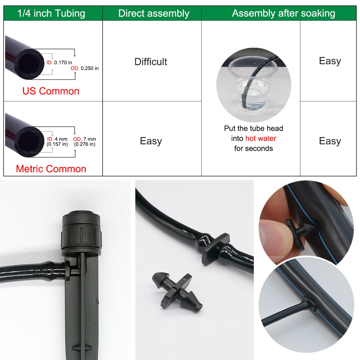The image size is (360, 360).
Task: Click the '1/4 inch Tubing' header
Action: (x=51, y=13)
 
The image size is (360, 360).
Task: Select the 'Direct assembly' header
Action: (x=154, y=13)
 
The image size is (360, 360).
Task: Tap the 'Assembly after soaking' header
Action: (x=283, y=13)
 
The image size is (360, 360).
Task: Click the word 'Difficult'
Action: (x=151, y=62)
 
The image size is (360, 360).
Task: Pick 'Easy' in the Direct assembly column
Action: (x=151, y=141)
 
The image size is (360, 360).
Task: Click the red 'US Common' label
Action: (x=51, y=91)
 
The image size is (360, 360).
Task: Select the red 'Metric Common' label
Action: (x=51, y=169)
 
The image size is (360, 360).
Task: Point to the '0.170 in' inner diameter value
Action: (x=63, y=62)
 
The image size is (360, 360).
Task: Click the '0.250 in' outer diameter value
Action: (x=89, y=68)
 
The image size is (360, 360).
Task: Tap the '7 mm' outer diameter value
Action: (x=90, y=139)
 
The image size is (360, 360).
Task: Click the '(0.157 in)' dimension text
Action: (x=57, y=144)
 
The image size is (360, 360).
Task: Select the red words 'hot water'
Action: (x=261, y=138)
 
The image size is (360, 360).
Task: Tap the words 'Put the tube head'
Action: (x=253, y=128)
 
